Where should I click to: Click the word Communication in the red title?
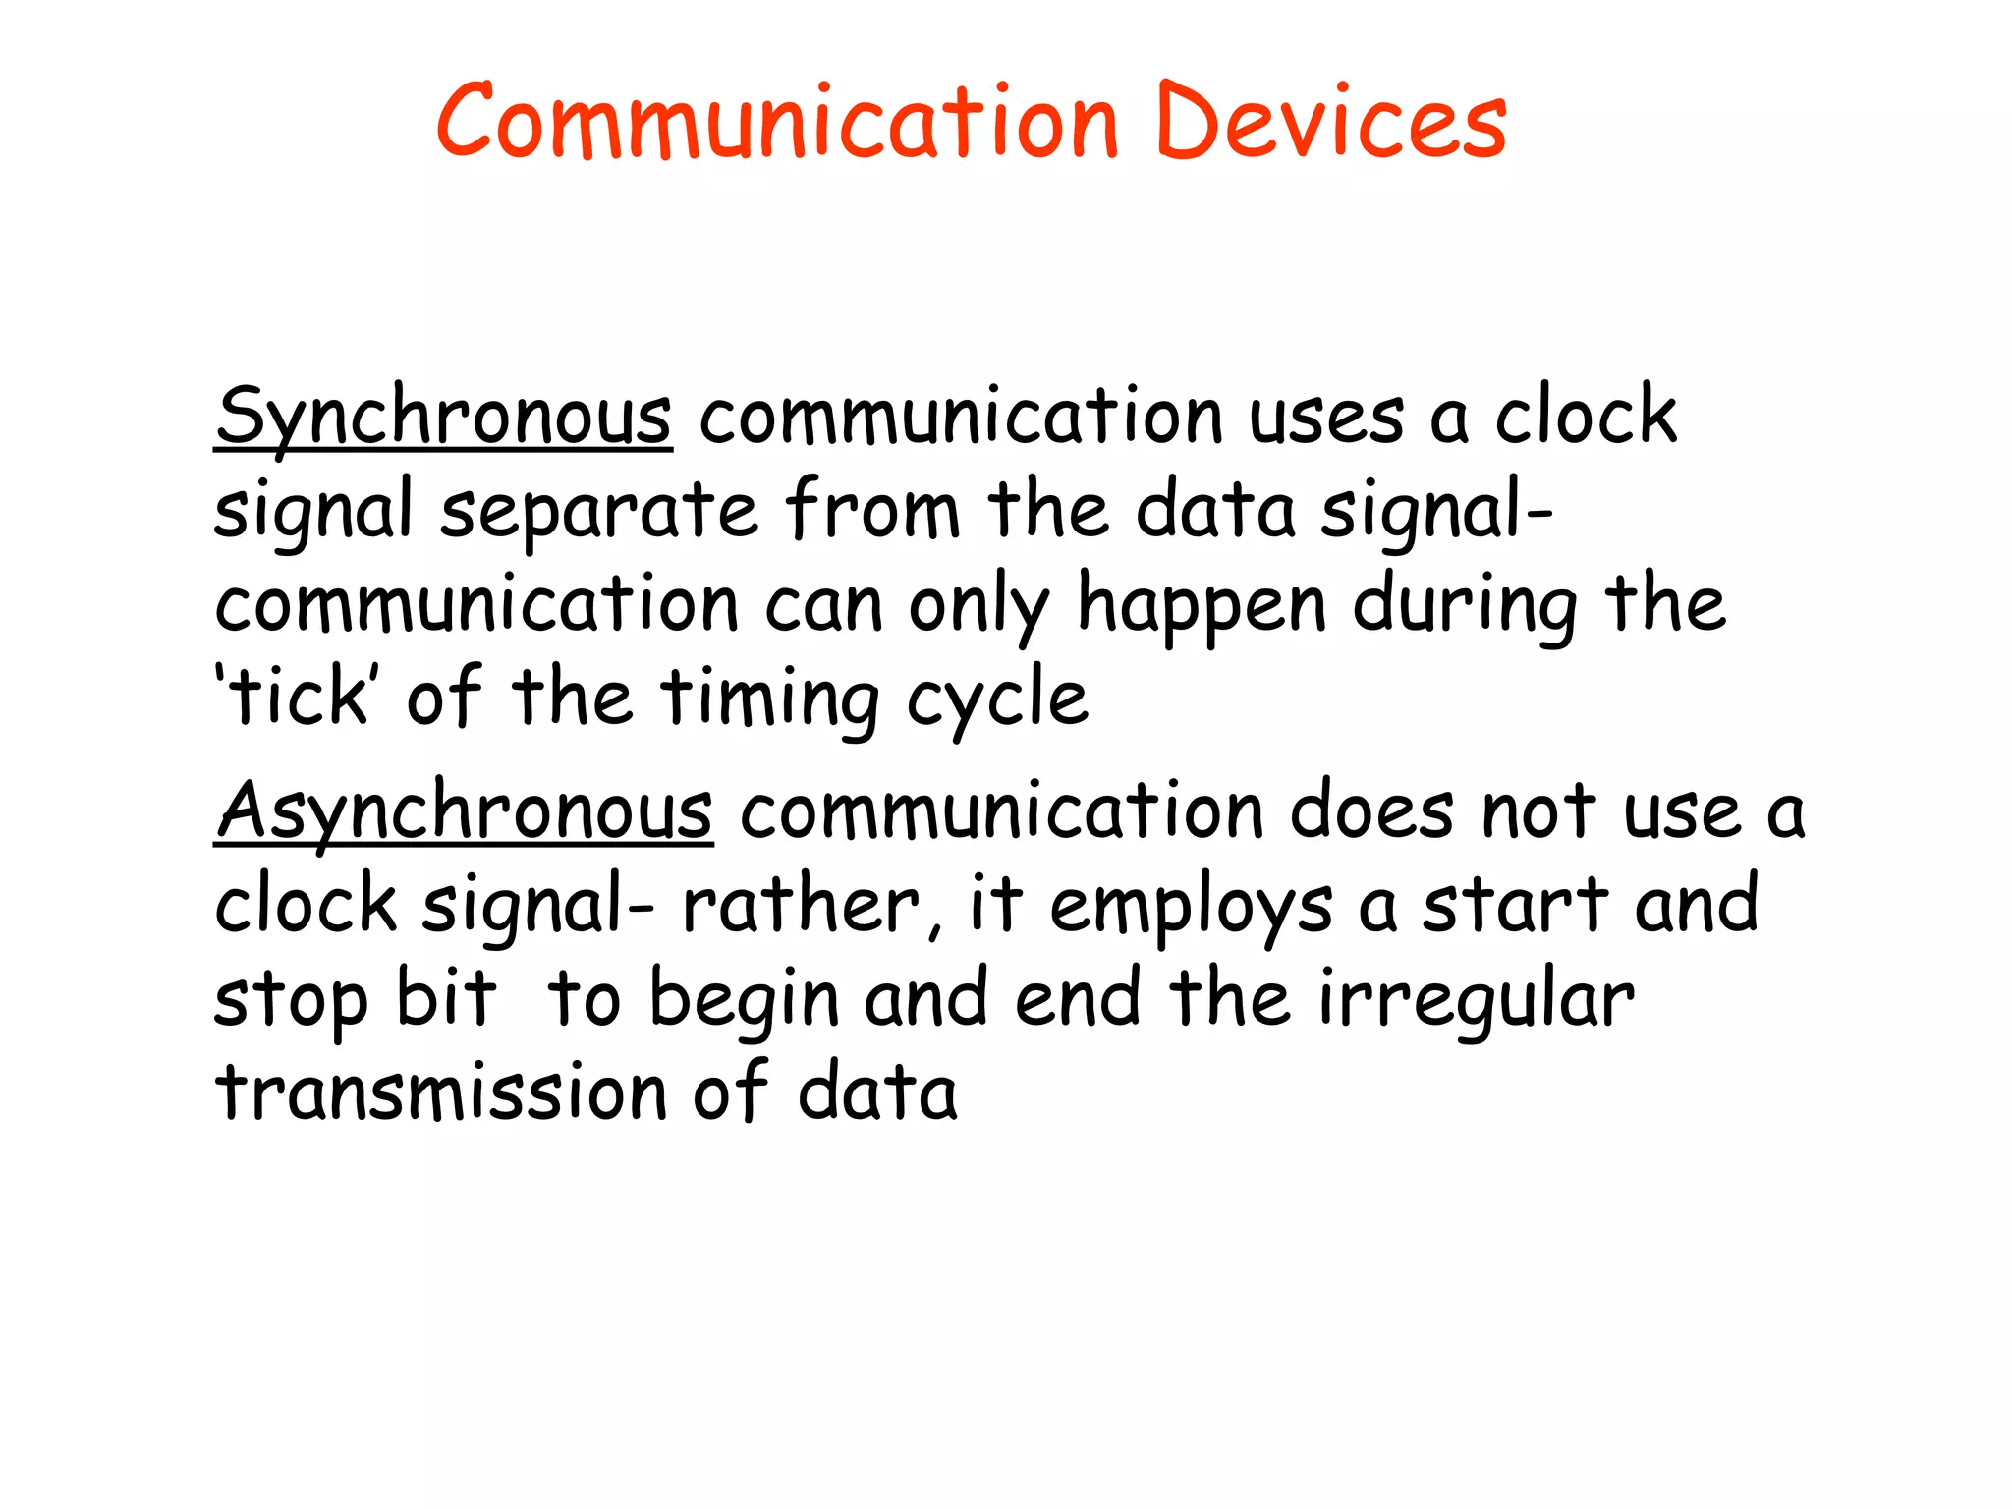[x=776, y=122]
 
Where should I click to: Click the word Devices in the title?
[x=1331, y=122]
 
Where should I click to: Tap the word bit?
[x=447, y=998]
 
